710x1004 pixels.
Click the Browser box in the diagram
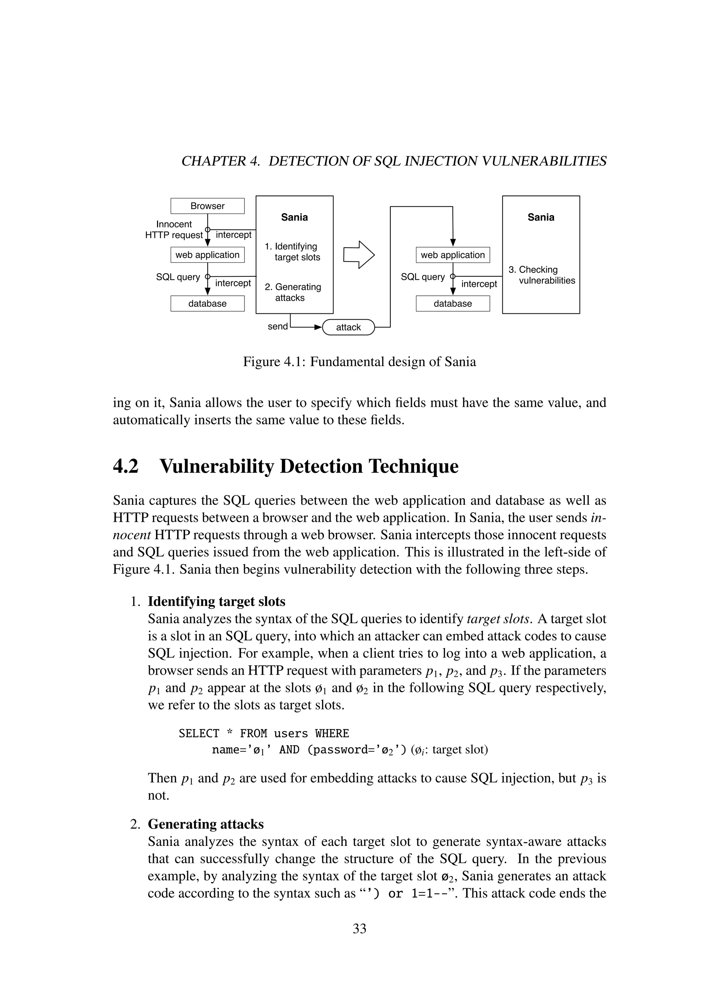pos(207,206)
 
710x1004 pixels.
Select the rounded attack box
pos(348,327)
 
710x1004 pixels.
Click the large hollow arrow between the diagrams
pos(358,254)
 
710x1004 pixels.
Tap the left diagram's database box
pos(207,303)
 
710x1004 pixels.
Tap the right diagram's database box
pos(452,303)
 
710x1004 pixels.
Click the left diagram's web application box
pos(207,255)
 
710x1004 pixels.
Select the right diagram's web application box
pos(452,255)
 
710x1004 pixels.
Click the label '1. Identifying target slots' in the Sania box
pos(292,252)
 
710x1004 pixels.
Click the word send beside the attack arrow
pos(278,327)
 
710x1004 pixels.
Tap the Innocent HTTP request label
pos(174,230)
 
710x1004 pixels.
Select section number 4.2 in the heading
pos(125,466)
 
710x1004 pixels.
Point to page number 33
pos(360,928)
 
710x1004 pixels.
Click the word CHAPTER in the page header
pos(213,161)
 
